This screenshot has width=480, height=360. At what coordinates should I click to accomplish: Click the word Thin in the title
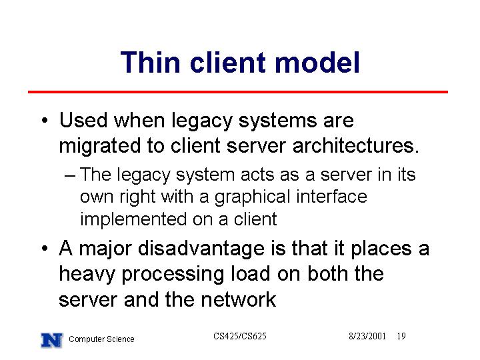tap(150, 62)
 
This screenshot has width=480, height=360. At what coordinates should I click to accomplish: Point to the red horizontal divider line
tap(238, 91)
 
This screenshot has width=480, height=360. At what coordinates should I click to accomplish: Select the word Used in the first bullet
tap(83, 120)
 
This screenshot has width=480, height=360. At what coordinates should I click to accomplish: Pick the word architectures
tap(356, 145)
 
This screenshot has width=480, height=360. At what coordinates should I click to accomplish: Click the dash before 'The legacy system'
tap(70, 176)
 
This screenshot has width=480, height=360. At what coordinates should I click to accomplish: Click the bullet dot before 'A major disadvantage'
tap(45, 248)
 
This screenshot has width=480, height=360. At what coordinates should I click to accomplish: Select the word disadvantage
tap(201, 249)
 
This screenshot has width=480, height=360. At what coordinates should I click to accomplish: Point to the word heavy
tap(87, 274)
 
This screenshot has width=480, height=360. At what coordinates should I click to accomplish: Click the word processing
tap(173, 275)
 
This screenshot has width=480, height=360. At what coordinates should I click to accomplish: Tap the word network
tap(239, 299)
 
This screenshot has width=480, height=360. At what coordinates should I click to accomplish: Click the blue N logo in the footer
tap(52, 340)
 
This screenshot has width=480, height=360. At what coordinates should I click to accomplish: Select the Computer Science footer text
tap(101, 339)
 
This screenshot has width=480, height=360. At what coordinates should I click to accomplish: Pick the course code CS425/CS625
tap(240, 336)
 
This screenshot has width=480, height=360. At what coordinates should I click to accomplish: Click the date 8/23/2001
tap(367, 336)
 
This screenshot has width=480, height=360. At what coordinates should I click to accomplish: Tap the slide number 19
tap(401, 336)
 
